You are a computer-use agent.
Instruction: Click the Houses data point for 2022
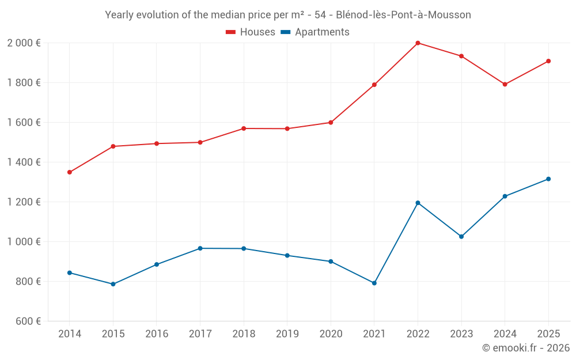418,43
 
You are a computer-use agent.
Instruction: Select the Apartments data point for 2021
374,283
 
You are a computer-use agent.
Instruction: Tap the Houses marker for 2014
70,172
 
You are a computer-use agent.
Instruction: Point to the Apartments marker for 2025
548,179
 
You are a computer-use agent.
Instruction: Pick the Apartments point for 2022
418,203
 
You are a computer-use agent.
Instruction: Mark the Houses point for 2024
505,84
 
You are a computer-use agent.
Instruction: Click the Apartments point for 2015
113,284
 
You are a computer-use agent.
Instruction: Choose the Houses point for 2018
244,128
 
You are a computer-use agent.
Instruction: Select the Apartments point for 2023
461,237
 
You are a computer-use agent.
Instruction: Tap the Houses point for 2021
374,85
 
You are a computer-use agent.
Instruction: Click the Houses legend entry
251,32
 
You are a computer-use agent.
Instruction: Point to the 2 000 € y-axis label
24,43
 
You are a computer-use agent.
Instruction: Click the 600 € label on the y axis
28,321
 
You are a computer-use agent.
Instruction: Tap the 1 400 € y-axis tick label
24,162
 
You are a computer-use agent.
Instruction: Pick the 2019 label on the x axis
287,334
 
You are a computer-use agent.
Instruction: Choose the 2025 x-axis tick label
548,334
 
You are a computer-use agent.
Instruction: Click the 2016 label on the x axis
157,334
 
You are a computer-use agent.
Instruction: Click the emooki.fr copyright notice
526,348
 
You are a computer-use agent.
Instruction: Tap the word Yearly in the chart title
119,15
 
